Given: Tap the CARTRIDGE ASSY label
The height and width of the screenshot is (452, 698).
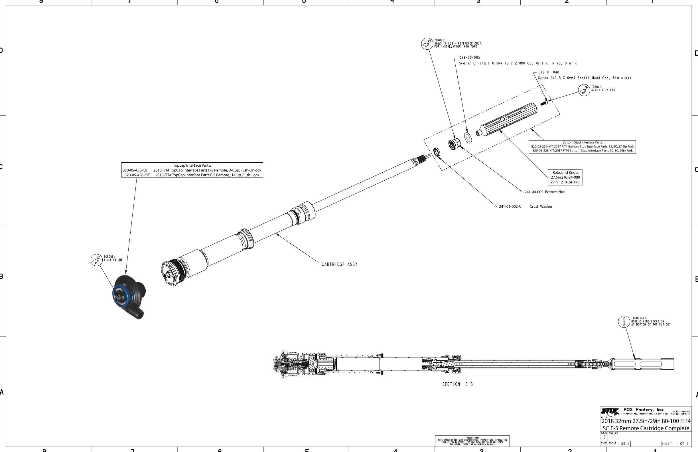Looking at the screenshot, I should [339, 265].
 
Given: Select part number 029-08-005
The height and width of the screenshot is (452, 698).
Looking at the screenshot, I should [470, 58].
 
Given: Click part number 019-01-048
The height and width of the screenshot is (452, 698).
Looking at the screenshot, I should [548, 72].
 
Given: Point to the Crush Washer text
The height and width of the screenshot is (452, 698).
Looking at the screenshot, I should [541, 207].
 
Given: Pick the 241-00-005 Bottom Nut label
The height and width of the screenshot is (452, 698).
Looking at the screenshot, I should [544, 192].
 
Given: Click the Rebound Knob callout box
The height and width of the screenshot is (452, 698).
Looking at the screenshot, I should [565, 177].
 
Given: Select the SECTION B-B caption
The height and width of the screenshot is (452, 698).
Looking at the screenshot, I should [458, 384].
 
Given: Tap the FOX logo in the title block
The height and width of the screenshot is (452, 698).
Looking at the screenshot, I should [610, 411].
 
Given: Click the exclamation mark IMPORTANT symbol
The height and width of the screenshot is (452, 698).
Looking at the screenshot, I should [624, 321].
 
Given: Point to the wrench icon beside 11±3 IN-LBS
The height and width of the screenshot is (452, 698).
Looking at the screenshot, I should [96, 260].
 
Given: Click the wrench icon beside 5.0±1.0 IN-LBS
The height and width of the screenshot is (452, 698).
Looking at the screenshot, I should [584, 90].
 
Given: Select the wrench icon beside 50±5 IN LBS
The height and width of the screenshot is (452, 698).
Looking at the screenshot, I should [427, 44].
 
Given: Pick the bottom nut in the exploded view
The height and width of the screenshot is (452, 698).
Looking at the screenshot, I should [454, 144].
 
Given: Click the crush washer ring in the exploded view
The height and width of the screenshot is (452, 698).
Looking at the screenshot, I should [437, 152].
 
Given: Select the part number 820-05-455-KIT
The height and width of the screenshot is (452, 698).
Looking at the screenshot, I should [135, 170].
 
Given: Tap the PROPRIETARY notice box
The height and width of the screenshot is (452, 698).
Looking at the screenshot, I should [472, 441].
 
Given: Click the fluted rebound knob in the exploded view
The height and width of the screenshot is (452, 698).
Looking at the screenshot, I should [507, 120].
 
